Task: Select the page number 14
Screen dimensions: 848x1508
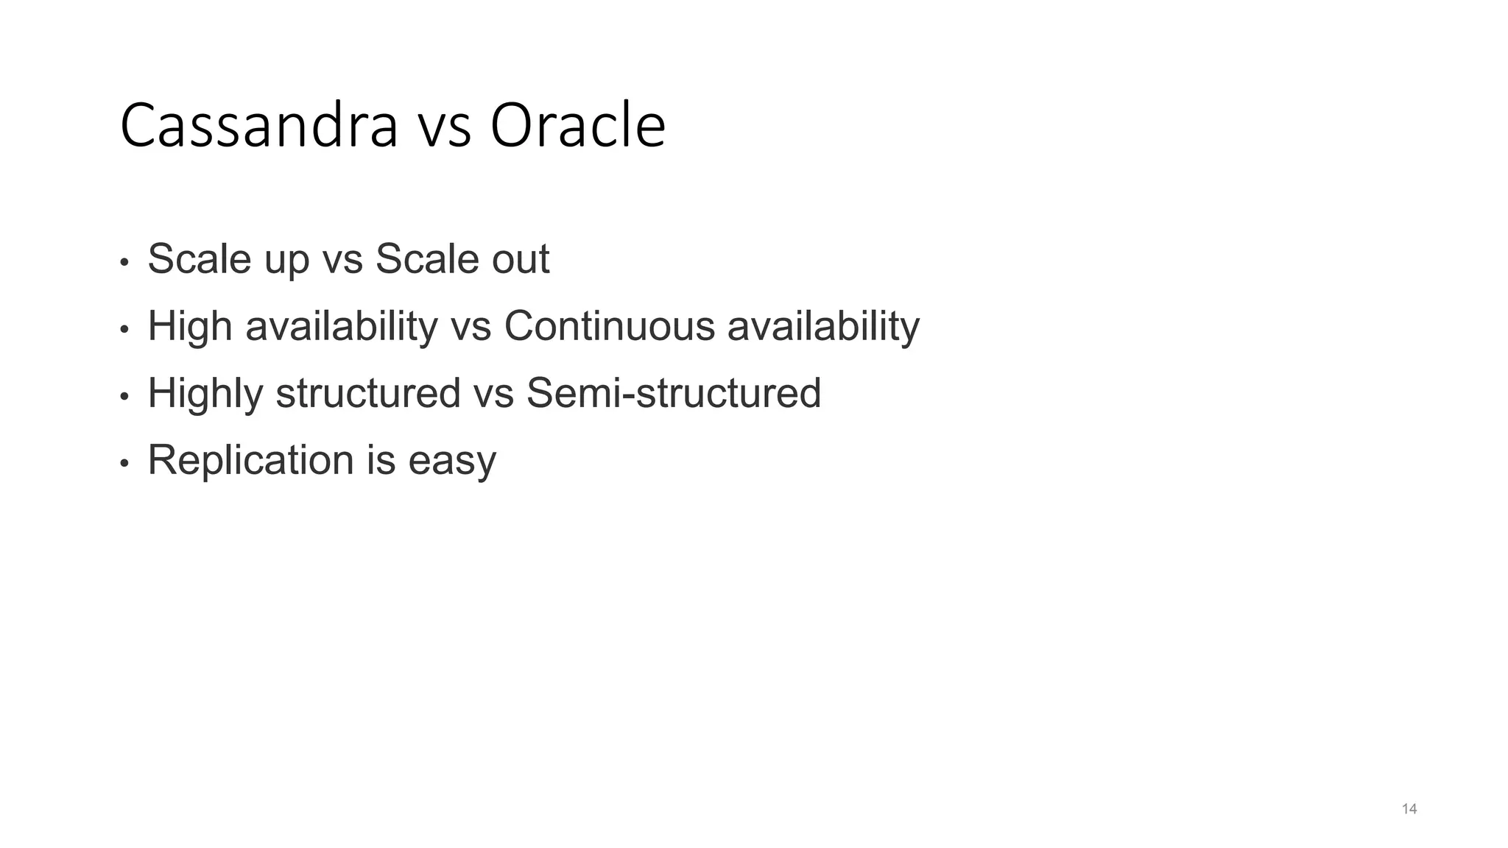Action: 1409,810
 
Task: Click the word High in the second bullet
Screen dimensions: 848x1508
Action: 190,327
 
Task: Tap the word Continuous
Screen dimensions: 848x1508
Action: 609,326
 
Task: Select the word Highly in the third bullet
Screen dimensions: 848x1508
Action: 205,394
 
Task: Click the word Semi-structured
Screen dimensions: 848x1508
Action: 673,393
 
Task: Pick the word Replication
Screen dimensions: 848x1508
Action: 250,461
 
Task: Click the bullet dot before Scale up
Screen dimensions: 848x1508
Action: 124,263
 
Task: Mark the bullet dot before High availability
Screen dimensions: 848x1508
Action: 124,330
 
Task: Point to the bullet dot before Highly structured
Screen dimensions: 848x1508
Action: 124,397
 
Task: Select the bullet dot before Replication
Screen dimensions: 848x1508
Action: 124,464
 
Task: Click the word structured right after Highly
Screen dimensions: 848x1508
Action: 367,393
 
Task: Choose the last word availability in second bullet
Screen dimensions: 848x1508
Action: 823,327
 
